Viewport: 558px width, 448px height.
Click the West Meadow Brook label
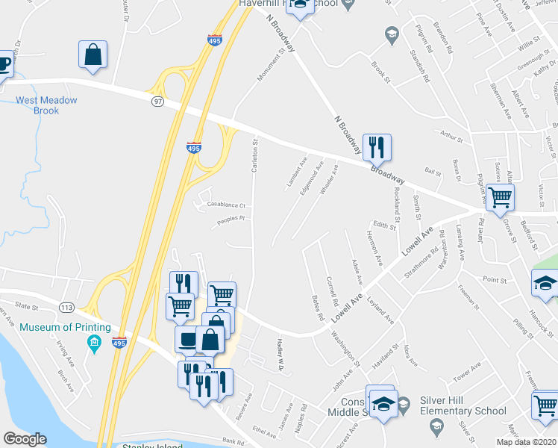click(x=37, y=105)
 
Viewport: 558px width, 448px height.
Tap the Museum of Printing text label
click(x=65, y=328)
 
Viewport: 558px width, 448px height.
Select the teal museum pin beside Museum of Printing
click(x=94, y=344)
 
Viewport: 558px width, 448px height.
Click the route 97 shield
click(x=157, y=101)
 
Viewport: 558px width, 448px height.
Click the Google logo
click(x=25, y=439)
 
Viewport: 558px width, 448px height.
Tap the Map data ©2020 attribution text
click(x=525, y=442)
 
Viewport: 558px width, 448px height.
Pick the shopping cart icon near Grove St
click(x=500, y=197)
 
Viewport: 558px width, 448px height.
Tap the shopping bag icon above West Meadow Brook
click(x=93, y=55)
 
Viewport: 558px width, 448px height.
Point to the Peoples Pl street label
click(x=231, y=219)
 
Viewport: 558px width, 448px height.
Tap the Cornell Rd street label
click(x=333, y=293)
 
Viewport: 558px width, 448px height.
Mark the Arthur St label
click(x=451, y=137)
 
